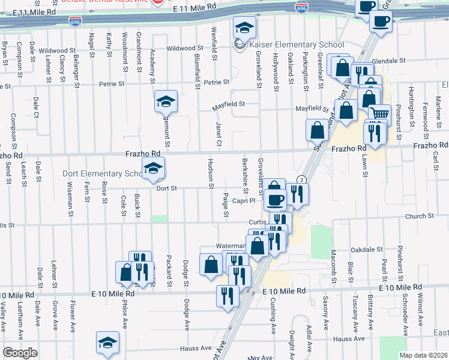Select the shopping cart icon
379,113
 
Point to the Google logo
19,353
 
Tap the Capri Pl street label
245,202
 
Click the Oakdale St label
367,249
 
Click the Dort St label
167,188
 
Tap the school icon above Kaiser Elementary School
244,27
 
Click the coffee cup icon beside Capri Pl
276,199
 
